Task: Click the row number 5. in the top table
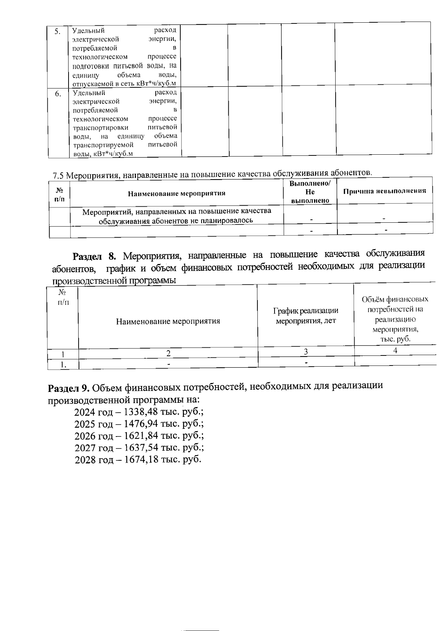pyautogui.click(x=57, y=31)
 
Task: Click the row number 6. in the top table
pyautogui.click(x=58, y=94)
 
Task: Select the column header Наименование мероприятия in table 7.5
pyautogui.click(x=177, y=193)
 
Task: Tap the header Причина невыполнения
pyautogui.click(x=384, y=191)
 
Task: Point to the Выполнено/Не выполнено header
pyautogui.click(x=310, y=192)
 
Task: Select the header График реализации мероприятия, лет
pyautogui.click(x=305, y=315)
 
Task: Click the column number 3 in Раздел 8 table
pyautogui.click(x=306, y=352)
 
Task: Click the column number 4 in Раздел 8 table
pyautogui.click(x=395, y=350)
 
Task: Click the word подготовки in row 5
pyautogui.click(x=91, y=66)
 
